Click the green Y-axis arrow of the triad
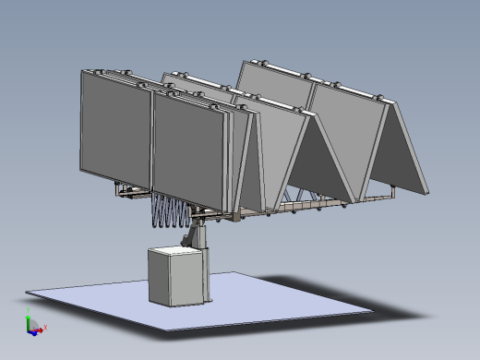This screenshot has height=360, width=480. click(28, 320)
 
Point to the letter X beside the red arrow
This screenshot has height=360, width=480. click(46, 327)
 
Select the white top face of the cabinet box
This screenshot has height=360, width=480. click(175, 250)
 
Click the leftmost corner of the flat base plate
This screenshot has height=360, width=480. click(28, 294)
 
